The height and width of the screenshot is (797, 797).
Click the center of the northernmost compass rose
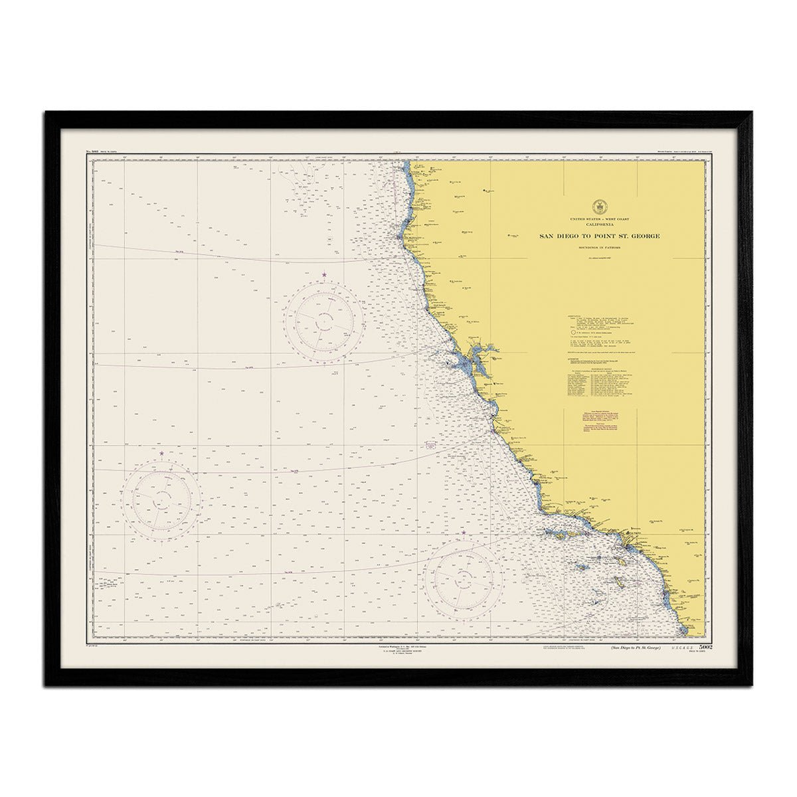(x=324, y=321)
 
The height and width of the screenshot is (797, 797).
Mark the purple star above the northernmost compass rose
(x=324, y=274)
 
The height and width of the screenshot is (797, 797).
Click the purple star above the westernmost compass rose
(x=161, y=453)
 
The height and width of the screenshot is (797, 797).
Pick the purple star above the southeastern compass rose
(x=463, y=532)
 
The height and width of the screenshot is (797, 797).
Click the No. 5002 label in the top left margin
(x=94, y=153)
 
